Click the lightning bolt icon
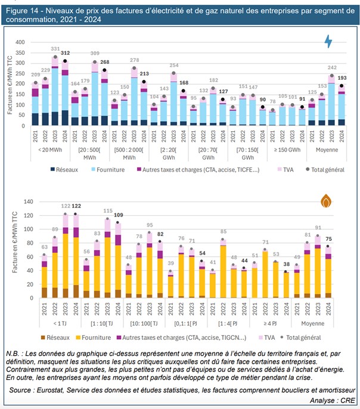[x=328, y=41]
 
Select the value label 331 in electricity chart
[x=55, y=49]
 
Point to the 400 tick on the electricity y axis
[x=22, y=42]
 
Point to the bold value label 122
[x=76, y=206]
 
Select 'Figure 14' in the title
[x=23, y=10]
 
